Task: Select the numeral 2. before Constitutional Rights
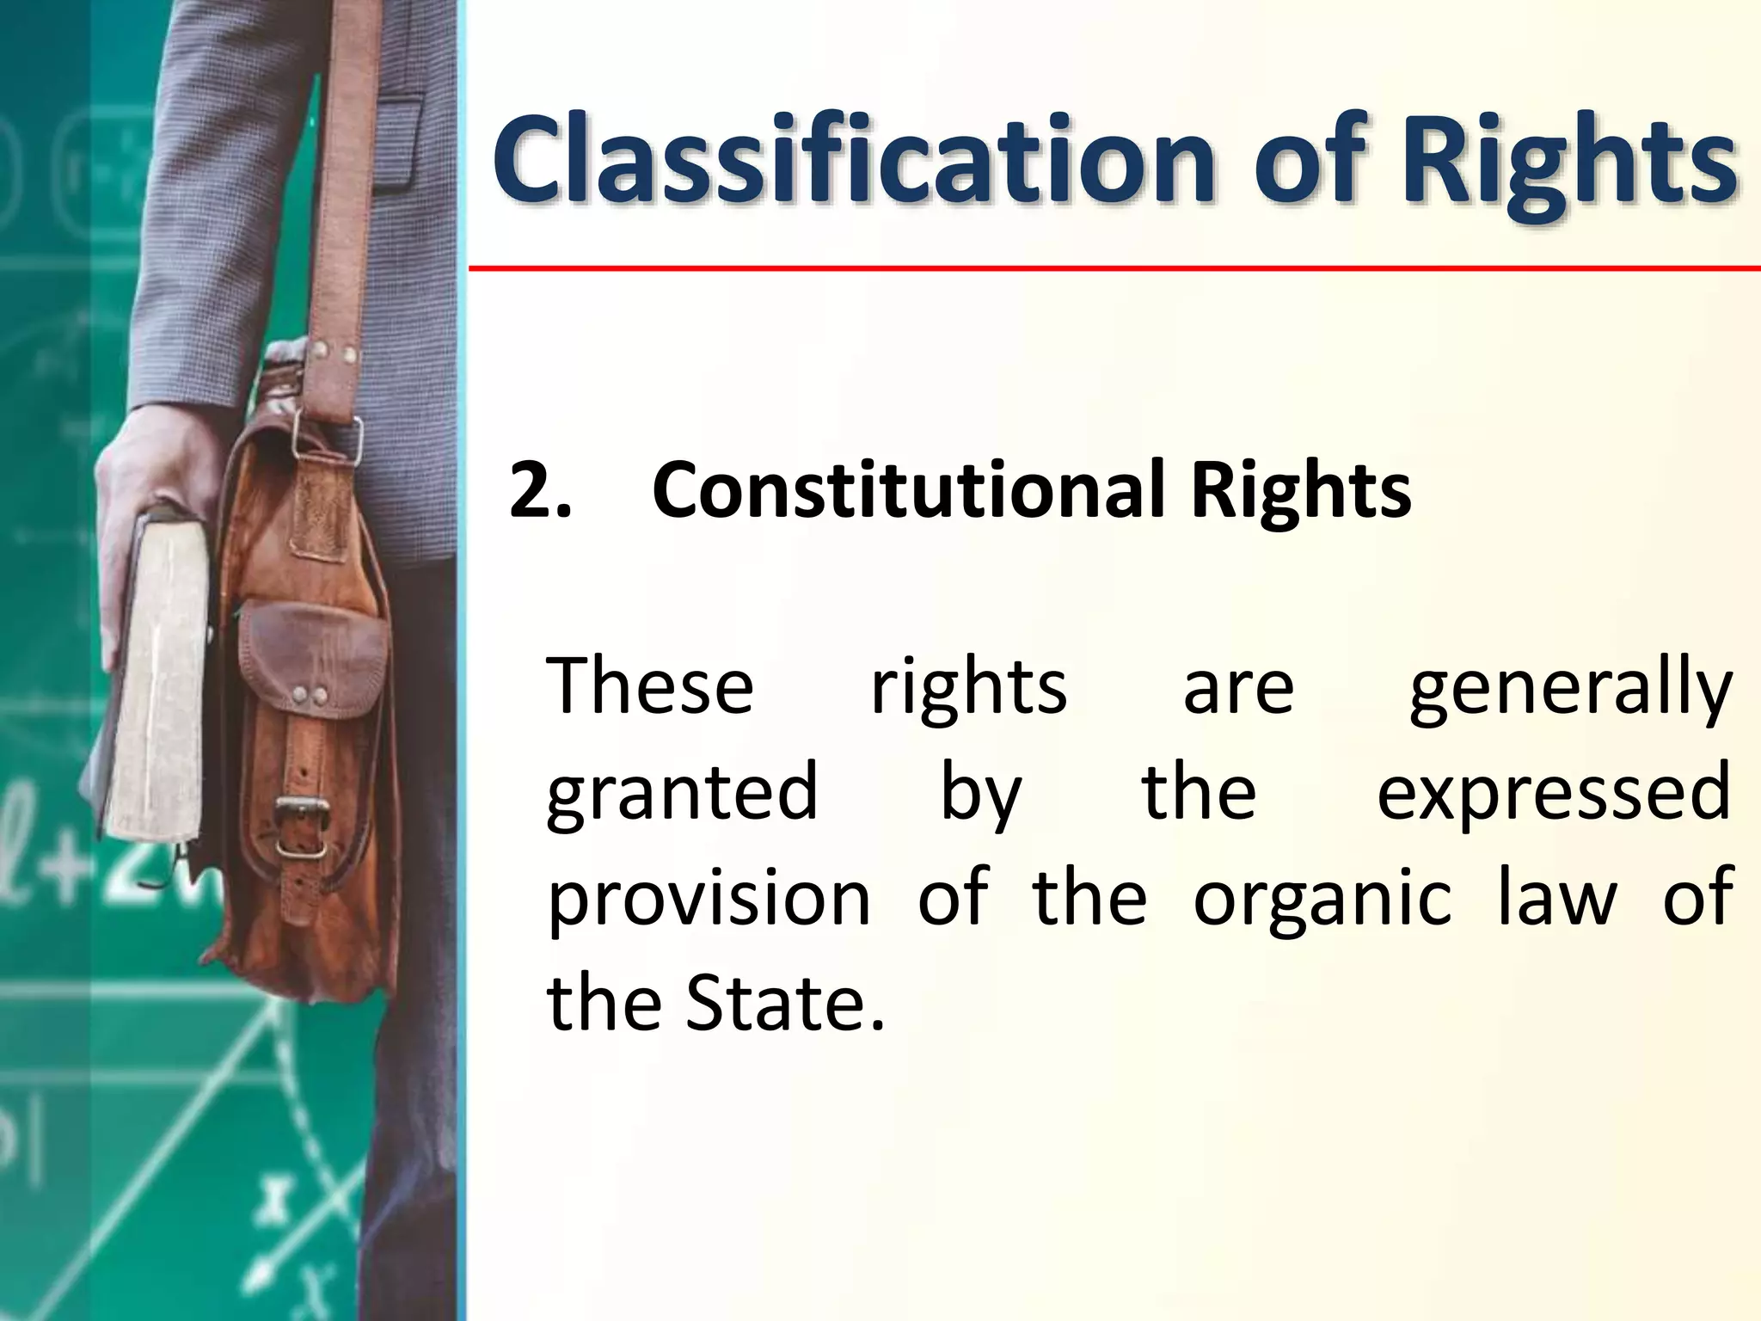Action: point(539,490)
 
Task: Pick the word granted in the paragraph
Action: point(682,794)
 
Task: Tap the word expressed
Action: point(1553,794)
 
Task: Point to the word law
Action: point(1556,898)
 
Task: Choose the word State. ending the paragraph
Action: point(784,1004)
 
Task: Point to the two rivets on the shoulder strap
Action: point(336,352)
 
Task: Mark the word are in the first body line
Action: point(1238,688)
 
